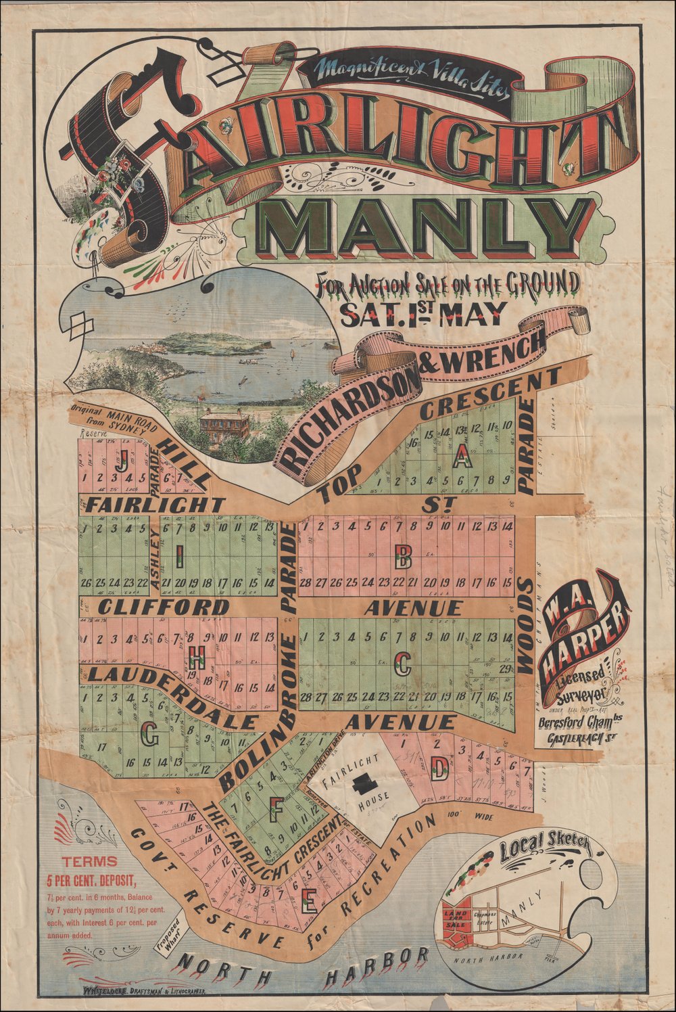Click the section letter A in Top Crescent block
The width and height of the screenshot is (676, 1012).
pos(461,459)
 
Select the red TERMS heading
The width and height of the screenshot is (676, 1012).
pos(90,862)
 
